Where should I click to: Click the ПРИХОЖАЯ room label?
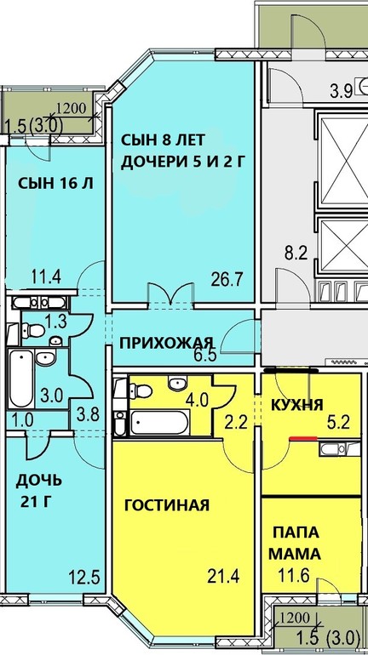167,343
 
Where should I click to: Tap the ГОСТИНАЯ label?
167,505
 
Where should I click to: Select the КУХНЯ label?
297,404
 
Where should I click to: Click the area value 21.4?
224,577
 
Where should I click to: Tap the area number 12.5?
83,578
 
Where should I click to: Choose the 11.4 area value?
46,276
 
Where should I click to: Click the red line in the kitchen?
303,438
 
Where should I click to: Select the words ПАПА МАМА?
295,543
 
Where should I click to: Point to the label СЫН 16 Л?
55,183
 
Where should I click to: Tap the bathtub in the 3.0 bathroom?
21,379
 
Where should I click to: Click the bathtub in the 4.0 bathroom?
160,422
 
